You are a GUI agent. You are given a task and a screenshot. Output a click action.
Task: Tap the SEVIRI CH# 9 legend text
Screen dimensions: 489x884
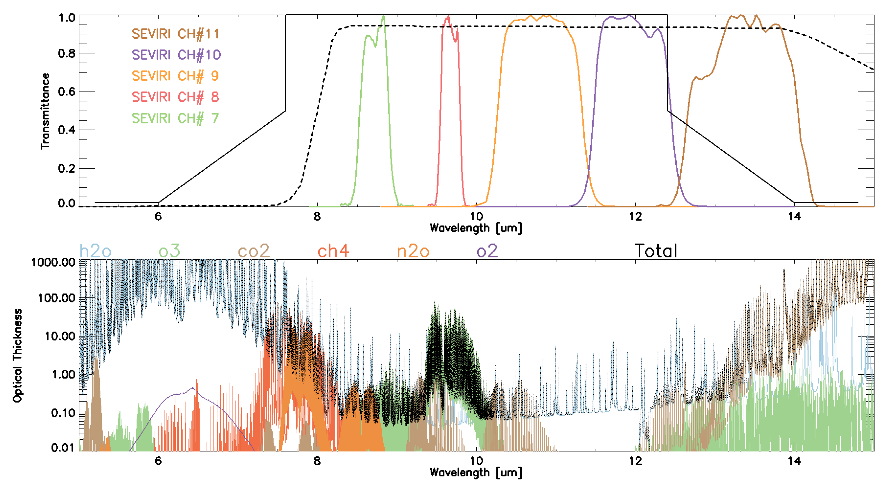(175, 76)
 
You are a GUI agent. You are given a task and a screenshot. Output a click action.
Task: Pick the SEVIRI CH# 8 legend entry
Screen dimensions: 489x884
(175, 97)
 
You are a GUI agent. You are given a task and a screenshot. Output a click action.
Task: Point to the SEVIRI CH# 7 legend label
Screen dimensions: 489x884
(175, 118)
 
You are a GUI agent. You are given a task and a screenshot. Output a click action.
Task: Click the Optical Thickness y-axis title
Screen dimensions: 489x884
(17, 355)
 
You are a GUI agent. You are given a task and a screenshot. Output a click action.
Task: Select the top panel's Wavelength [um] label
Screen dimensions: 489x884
(476, 228)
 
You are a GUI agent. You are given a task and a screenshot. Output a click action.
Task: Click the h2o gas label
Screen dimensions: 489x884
(95, 251)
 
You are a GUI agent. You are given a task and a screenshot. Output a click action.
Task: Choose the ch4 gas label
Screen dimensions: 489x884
(333, 251)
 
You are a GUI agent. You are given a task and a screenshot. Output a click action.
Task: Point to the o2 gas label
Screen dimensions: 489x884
(487, 251)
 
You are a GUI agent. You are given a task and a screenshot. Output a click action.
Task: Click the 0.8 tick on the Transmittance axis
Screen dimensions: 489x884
(67, 54)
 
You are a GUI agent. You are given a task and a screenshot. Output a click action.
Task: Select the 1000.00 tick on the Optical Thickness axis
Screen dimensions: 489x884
(53, 263)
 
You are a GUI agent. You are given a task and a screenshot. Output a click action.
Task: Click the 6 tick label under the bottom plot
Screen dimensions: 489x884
(158, 461)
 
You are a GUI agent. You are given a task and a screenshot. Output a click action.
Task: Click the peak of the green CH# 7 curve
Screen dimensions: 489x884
(383, 16)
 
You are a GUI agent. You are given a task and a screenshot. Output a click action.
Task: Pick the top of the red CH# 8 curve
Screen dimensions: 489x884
(447, 16)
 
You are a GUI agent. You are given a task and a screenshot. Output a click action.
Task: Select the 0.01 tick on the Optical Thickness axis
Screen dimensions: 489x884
(62, 447)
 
